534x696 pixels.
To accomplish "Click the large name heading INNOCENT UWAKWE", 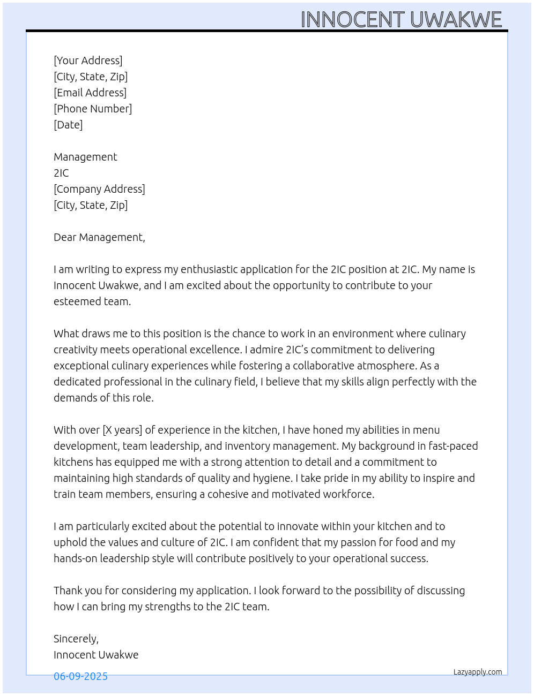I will [x=401, y=20].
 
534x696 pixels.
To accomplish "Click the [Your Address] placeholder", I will [x=88, y=60].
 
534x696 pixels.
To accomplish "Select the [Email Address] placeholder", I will [x=90, y=93].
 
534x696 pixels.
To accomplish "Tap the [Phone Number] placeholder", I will [x=93, y=109].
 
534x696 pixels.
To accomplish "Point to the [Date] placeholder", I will [x=68, y=125].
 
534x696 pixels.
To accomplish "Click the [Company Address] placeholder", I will [x=99, y=189].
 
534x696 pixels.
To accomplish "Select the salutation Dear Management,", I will [x=99, y=237].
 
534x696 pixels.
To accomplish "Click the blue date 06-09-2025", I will [x=80, y=676].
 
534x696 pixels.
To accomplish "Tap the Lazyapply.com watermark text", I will [x=478, y=672].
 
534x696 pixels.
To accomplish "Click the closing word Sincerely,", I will [x=76, y=639].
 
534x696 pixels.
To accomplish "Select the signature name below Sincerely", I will [x=96, y=655].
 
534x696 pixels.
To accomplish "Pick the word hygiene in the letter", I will [x=272, y=478].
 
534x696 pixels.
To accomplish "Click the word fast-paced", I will [x=453, y=446].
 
